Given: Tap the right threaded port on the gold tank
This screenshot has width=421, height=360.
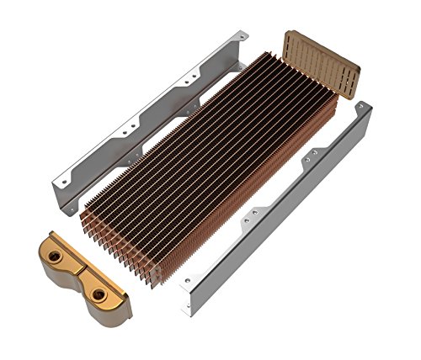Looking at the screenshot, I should (x=100, y=294).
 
